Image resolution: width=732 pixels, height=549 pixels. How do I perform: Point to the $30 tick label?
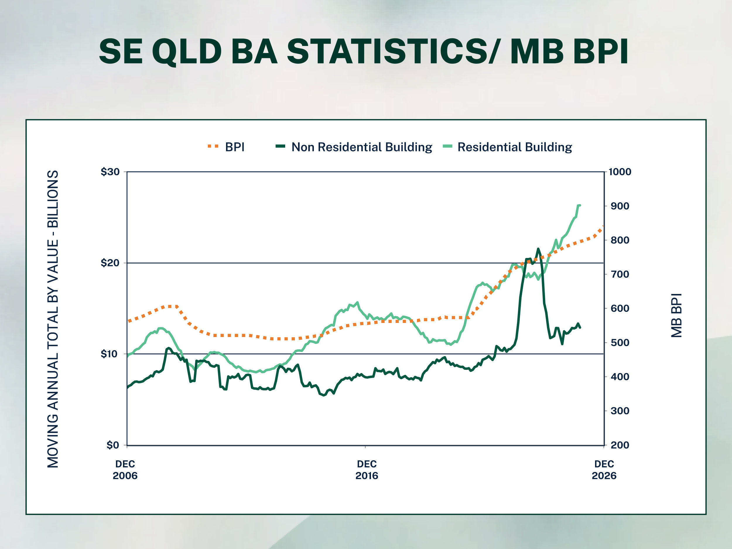[110, 172]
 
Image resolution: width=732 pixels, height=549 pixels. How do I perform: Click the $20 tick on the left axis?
[110, 263]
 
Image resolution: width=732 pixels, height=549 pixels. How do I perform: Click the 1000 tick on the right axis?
[620, 172]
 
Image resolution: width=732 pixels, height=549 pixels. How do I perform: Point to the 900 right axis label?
[620, 206]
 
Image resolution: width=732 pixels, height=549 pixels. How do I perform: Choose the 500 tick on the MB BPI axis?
[620, 343]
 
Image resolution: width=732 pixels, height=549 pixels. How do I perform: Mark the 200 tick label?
[620, 445]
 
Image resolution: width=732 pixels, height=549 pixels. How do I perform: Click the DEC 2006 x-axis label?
[125, 470]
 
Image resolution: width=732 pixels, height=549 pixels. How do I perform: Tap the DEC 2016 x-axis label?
[367, 470]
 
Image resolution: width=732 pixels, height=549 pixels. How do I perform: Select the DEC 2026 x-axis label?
[604, 470]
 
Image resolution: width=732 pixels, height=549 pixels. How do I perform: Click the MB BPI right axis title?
[676, 315]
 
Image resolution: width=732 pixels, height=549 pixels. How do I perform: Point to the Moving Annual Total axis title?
[53, 319]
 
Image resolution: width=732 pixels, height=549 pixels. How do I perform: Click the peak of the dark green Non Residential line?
[538, 249]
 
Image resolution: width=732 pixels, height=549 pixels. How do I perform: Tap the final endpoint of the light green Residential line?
[580, 205]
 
